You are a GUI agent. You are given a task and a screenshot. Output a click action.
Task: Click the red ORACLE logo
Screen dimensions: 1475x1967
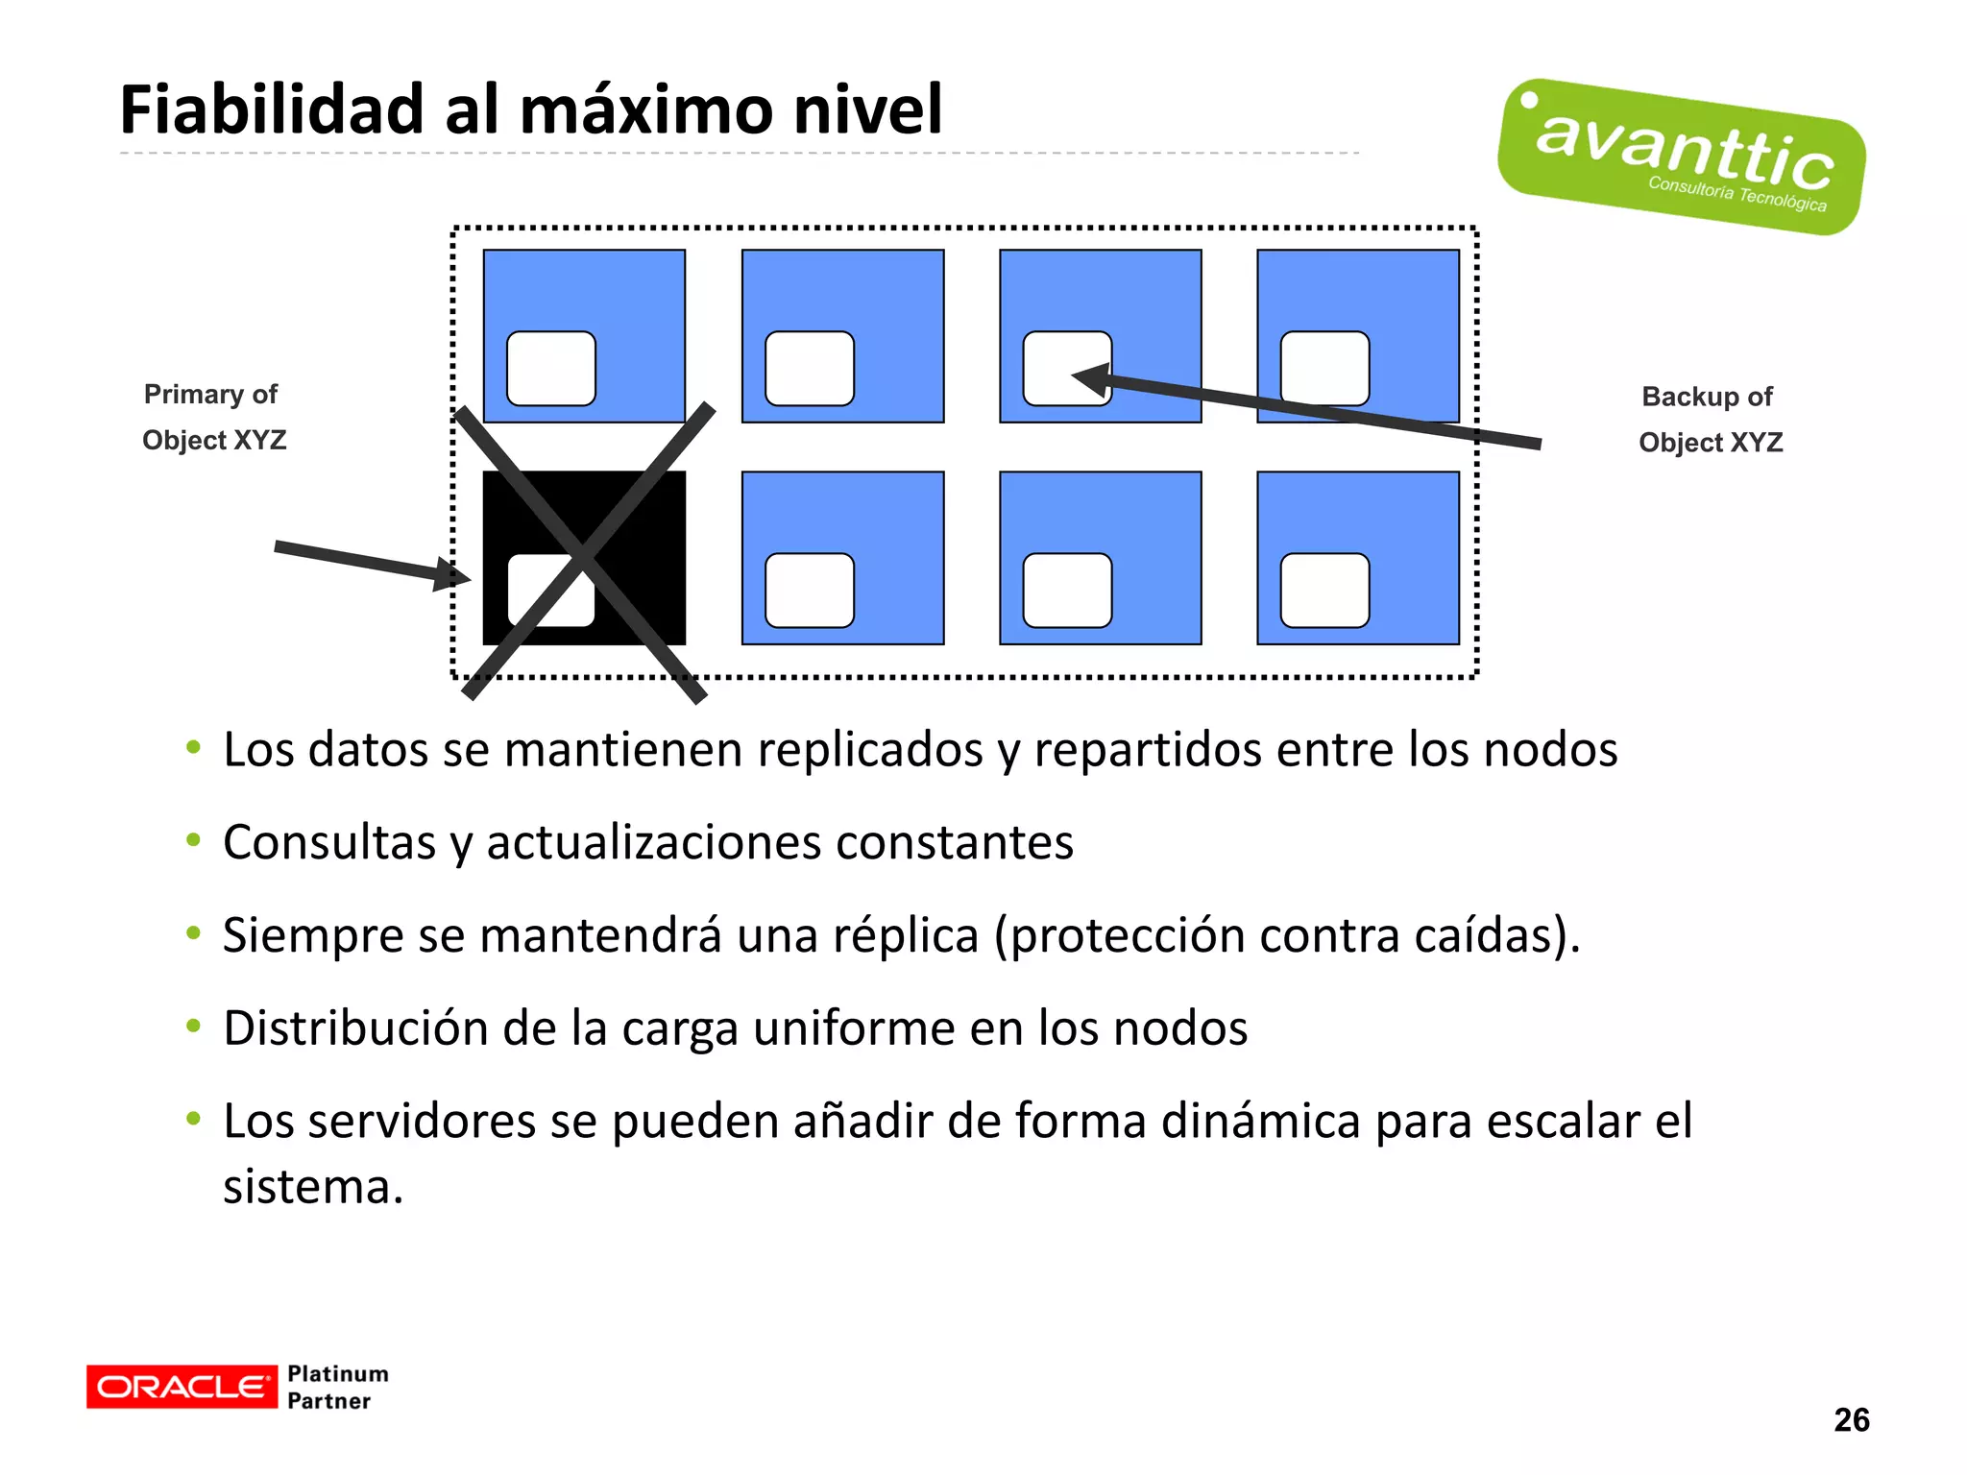(182, 1387)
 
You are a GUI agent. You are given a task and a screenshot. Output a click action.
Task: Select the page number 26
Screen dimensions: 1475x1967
(1851, 1419)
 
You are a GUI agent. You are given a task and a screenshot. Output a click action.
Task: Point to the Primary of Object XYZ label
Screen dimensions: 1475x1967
(213, 417)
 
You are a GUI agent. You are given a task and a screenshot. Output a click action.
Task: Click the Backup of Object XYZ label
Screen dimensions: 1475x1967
(1710, 420)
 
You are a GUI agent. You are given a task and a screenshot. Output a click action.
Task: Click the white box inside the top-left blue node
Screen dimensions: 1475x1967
(550, 369)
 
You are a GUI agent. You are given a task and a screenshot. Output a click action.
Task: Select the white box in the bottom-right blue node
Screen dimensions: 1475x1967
(1324, 591)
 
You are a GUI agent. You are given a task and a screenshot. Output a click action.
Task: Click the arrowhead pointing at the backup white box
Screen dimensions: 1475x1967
(1090, 378)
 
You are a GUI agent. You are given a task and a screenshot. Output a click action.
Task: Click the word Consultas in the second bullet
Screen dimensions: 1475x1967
(329, 842)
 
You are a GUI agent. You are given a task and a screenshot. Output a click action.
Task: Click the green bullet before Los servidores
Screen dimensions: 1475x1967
(194, 1119)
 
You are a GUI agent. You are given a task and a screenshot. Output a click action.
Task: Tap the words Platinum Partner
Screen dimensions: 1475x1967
(337, 1387)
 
